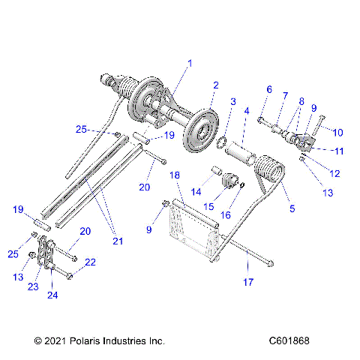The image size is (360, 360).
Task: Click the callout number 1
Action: click(190, 64)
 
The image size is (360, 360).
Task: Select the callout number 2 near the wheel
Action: click(215, 85)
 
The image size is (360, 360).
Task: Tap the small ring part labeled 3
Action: click(223, 140)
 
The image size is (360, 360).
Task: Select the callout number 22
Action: click(91, 262)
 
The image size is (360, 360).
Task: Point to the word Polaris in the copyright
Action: click(85, 340)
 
